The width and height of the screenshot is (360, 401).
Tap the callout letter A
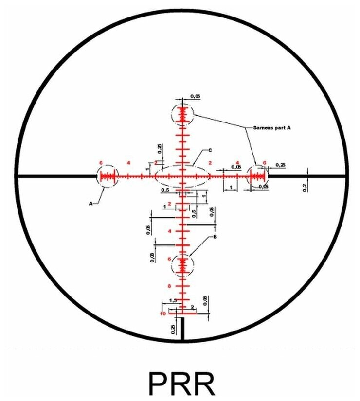(90, 204)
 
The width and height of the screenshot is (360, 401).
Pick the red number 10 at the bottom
(163, 314)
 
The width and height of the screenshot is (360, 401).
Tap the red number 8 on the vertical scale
(169, 286)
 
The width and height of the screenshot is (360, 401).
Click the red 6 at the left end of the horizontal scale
(101, 162)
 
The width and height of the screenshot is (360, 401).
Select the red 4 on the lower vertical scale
(169, 231)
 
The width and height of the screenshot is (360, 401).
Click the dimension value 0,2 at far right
(305, 186)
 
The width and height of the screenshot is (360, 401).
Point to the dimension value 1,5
(172, 300)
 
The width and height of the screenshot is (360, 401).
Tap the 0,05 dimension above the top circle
(195, 96)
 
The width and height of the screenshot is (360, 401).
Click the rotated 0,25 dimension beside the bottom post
(173, 329)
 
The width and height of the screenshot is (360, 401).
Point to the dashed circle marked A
(108, 176)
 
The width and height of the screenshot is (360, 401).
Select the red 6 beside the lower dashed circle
(169, 259)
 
